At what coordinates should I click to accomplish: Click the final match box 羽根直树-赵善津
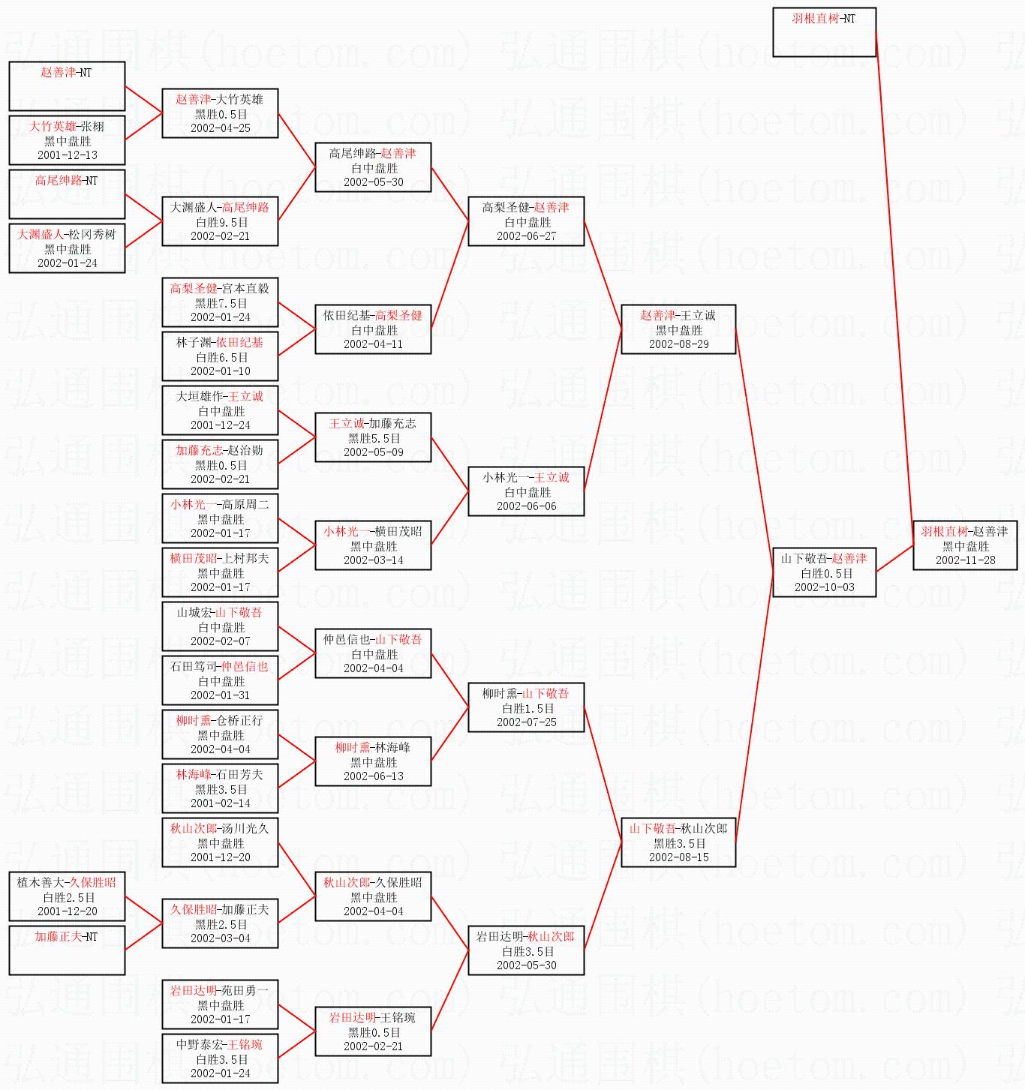click(965, 545)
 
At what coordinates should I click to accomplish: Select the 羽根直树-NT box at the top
click(824, 32)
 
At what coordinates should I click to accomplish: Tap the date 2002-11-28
click(965, 560)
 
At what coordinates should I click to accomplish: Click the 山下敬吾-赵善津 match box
click(824, 572)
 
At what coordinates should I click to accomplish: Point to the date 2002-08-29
click(678, 344)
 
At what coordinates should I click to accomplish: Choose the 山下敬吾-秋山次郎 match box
click(678, 842)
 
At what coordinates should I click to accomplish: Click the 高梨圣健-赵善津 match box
click(526, 221)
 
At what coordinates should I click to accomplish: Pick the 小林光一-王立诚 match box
click(526, 491)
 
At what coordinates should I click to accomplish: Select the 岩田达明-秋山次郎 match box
click(526, 950)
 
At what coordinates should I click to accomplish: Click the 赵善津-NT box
click(67, 86)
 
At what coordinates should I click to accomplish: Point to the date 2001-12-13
click(68, 155)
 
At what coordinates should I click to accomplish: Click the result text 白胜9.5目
click(221, 222)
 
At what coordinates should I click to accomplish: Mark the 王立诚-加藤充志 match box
click(373, 437)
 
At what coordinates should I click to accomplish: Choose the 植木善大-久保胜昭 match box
click(67, 896)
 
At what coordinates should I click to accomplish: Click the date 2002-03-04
click(221, 938)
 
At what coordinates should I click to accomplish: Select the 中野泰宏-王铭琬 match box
click(220, 1058)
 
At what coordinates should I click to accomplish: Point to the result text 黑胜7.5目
click(221, 303)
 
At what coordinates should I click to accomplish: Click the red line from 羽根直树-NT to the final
click(894, 285)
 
